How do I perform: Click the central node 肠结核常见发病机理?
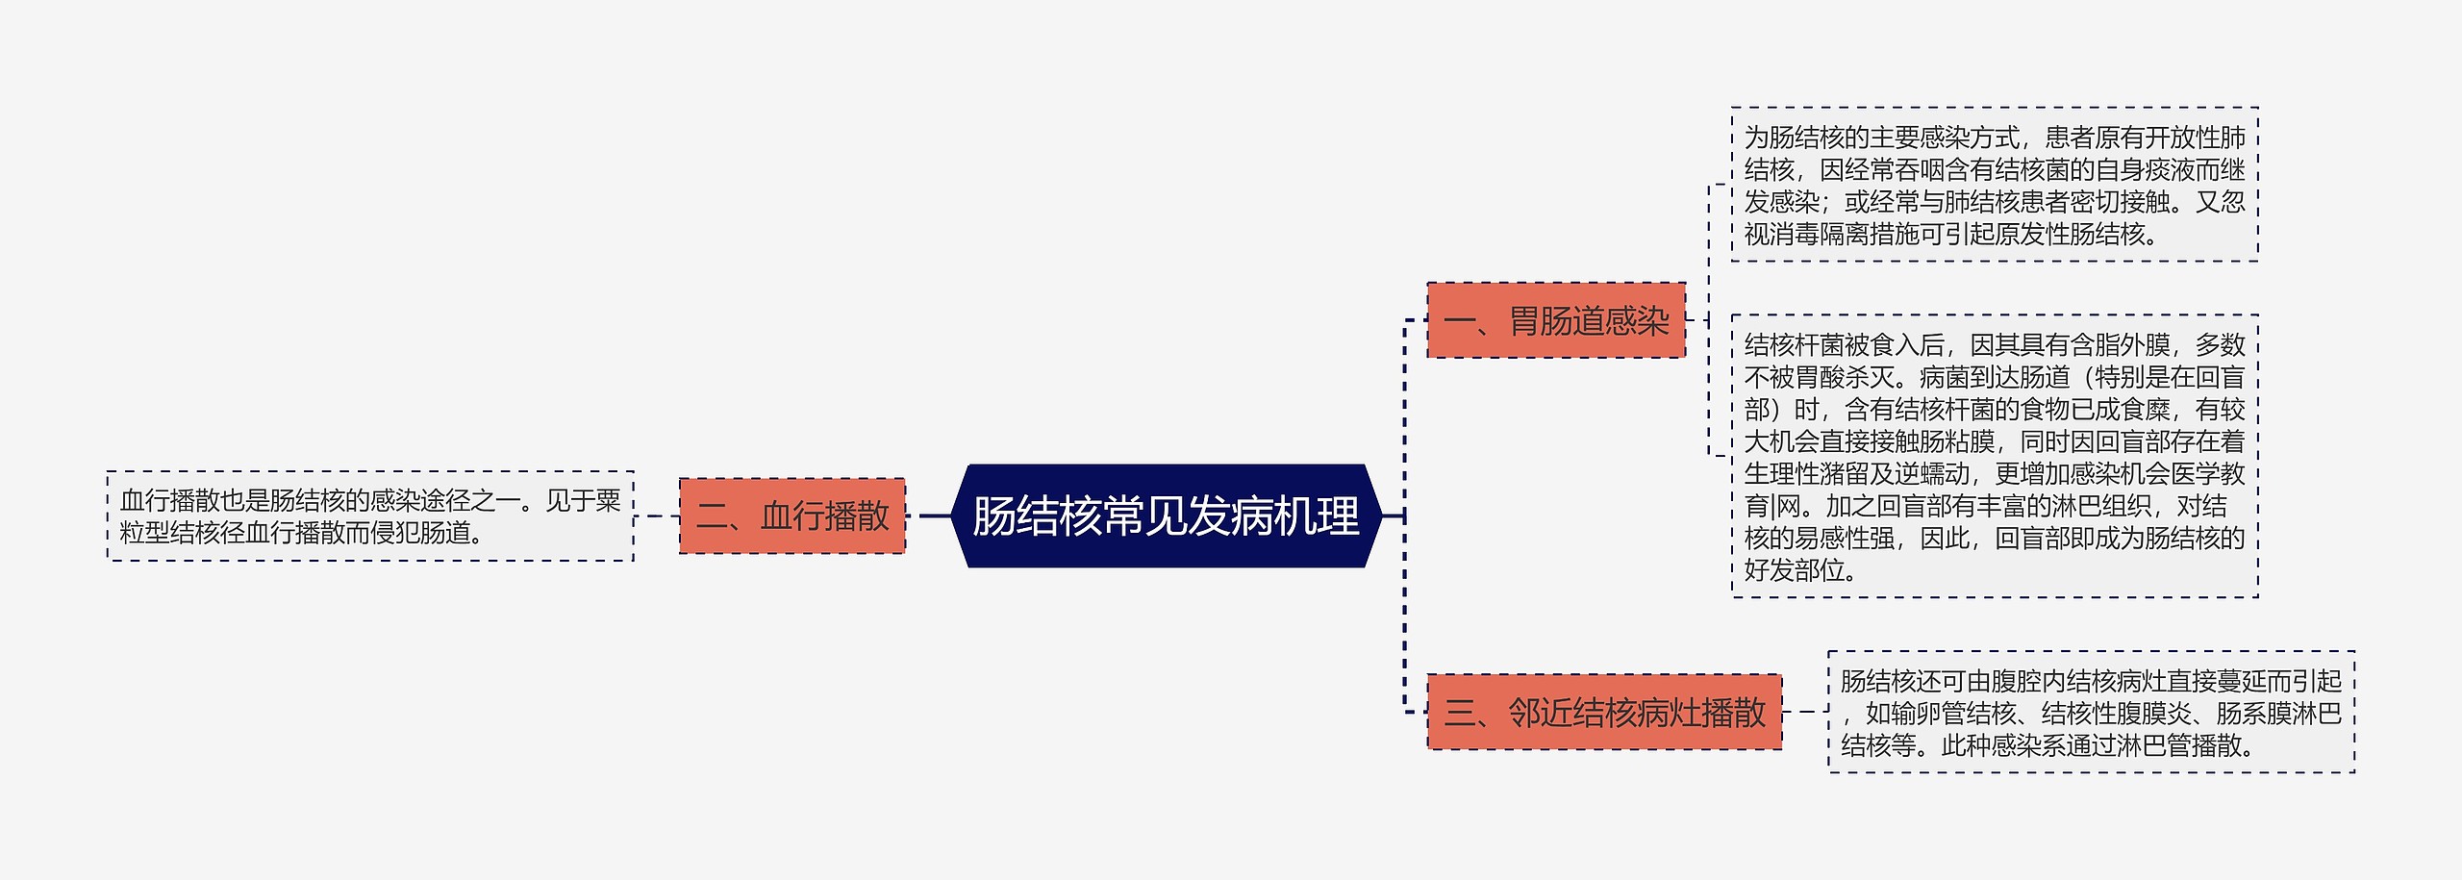pos(1166,515)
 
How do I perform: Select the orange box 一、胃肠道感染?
pos(1556,320)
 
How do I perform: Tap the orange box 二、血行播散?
pos(792,515)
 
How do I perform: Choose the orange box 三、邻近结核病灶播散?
pos(1604,712)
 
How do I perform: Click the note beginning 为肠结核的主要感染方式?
pos(1995,185)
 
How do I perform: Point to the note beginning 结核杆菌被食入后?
pos(1995,456)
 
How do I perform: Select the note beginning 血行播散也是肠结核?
pos(370,515)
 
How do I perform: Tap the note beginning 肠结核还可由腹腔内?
pos(2091,712)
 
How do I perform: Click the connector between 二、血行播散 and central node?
pos(935,515)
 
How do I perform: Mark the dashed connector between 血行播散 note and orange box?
pos(657,515)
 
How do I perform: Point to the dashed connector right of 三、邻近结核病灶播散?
pos(1805,712)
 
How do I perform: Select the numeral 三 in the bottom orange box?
pos(1460,713)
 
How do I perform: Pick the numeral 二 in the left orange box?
pos(713,516)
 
